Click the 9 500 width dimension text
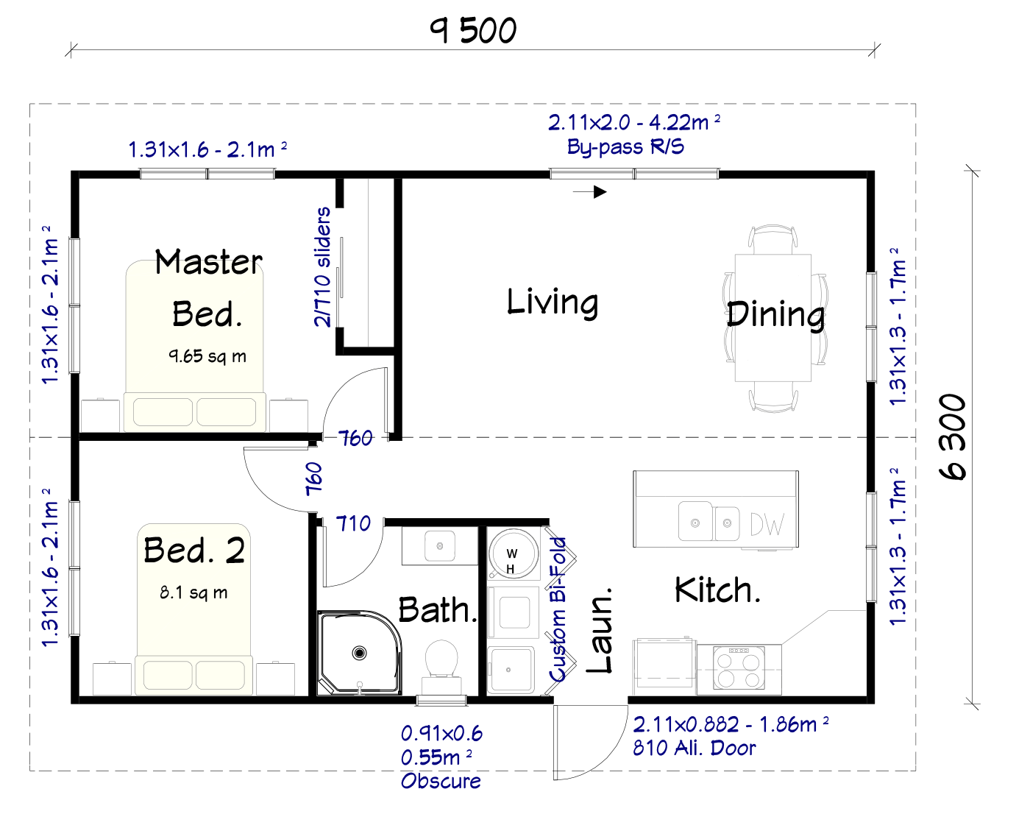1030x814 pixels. pos(473,31)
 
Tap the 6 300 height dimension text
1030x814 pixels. pos(953,436)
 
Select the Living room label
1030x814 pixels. pos(553,302)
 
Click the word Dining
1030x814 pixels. pos(775,315)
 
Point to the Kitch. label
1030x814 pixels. pos(717,590)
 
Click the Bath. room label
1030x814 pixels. pos(438,609)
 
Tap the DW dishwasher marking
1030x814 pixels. pos(767,524)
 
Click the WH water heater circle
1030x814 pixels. pos(513,553)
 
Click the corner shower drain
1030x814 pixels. pos(359,653)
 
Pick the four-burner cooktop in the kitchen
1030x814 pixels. pos(739,668)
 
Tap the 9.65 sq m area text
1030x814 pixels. pos(207,356)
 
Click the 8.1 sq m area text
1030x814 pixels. pos(193,592)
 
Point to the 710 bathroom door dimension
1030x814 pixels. pos(353,524)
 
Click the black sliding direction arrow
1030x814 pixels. pos(589,192)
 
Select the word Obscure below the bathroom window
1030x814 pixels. pos(441,781)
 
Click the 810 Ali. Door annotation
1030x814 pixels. pos(694,748)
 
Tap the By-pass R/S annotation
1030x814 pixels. pos(625,146)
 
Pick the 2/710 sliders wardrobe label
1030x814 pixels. pos(322,266)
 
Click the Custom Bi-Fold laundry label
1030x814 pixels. pos(558,609)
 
